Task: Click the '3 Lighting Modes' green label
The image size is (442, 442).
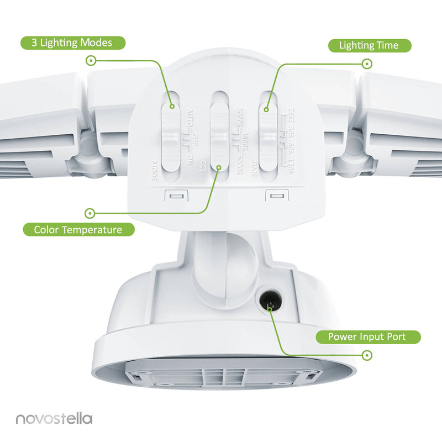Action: tap(73, 43)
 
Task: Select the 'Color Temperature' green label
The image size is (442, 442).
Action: tap(78, 229)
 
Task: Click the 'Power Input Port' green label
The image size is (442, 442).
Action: tap(367, 336)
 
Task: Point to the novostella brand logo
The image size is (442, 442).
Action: tap(54, 419)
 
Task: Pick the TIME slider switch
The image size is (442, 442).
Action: tap(267, 136)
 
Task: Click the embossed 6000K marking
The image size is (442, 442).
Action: tap(239, 166)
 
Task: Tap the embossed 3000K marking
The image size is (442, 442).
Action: tap(239, 117)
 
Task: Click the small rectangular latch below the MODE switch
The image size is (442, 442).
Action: tap(177, 196)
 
